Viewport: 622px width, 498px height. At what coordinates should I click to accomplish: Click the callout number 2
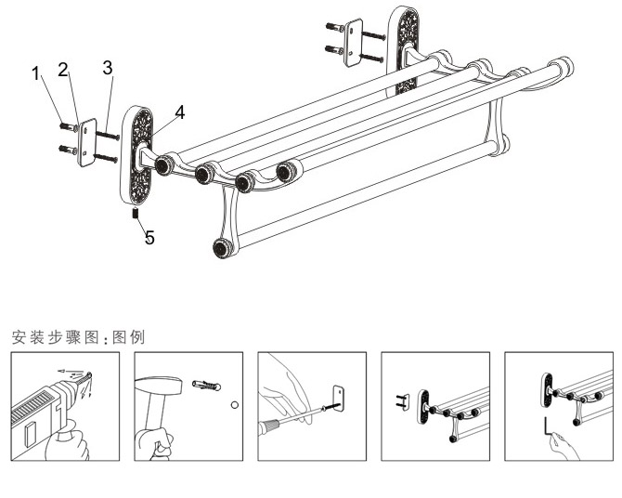(63, 69)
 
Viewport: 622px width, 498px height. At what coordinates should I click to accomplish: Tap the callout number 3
(108, 68)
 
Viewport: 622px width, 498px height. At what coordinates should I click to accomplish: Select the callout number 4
(178, 111)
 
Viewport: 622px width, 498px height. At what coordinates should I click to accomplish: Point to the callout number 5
(149, 237)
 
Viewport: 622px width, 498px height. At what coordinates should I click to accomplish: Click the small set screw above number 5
(136, 215)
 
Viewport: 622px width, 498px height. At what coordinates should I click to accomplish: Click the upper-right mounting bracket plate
(354, 41)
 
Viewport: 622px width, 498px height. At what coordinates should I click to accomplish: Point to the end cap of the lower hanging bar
(222, 247)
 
